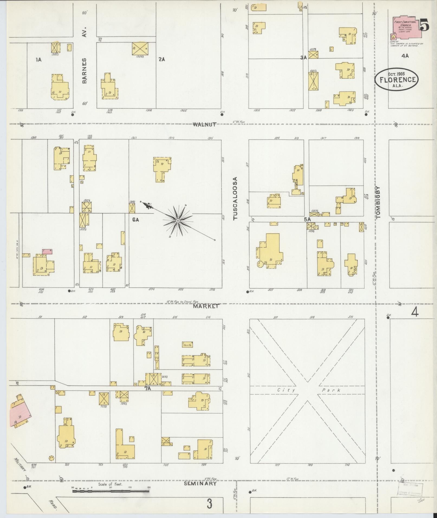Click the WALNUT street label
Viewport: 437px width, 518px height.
pos(205,125)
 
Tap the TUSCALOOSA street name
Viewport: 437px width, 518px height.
pos(235,198)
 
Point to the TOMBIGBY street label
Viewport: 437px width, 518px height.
pos(378,202)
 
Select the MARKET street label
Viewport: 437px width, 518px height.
pos(206,306)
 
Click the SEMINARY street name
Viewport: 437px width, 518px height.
pos(200,484)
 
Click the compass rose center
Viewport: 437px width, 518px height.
pos(178,221)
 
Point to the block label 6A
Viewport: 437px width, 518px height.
pos(135,220)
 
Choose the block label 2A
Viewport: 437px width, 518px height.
pos(162,59)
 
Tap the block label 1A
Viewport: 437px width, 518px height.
pos(38,60)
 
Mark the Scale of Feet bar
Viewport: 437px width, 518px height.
pos(111,490)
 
